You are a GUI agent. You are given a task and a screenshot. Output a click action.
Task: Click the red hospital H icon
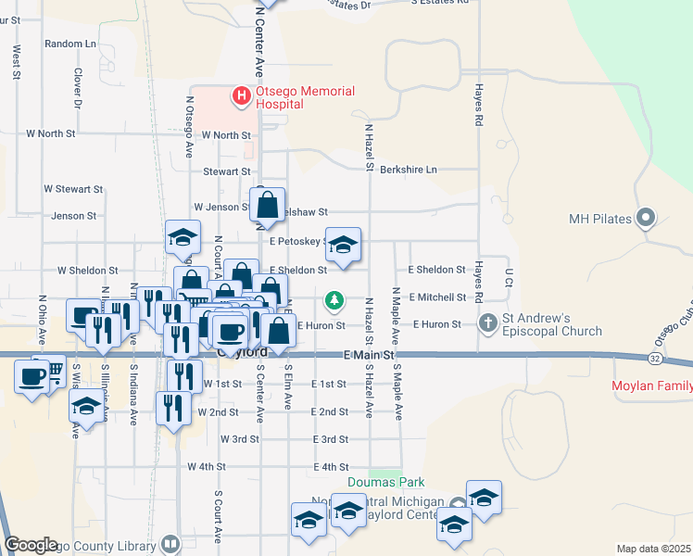coord(242,95)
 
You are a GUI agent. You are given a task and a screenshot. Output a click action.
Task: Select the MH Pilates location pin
coord(647,219)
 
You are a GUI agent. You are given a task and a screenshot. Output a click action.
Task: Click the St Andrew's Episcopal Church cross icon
coord(488,322)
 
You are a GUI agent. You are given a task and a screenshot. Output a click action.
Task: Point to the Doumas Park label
coord(385,482)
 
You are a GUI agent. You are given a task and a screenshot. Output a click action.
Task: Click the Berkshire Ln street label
coord(408,170)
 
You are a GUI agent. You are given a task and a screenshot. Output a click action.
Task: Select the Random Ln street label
coord(70,44)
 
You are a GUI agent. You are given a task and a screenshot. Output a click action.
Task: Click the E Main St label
coord(369,355)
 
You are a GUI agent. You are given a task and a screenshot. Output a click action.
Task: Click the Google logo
coord(31,545)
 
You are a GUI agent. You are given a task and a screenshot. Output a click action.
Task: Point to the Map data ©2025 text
coord(653,549)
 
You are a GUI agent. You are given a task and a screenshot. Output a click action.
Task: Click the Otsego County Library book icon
coord(170,544)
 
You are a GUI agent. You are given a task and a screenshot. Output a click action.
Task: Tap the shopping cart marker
coord(54,370)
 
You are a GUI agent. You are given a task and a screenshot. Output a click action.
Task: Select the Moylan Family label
coord(652,385)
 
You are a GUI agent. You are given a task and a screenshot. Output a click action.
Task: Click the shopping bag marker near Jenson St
coord(268,205)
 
